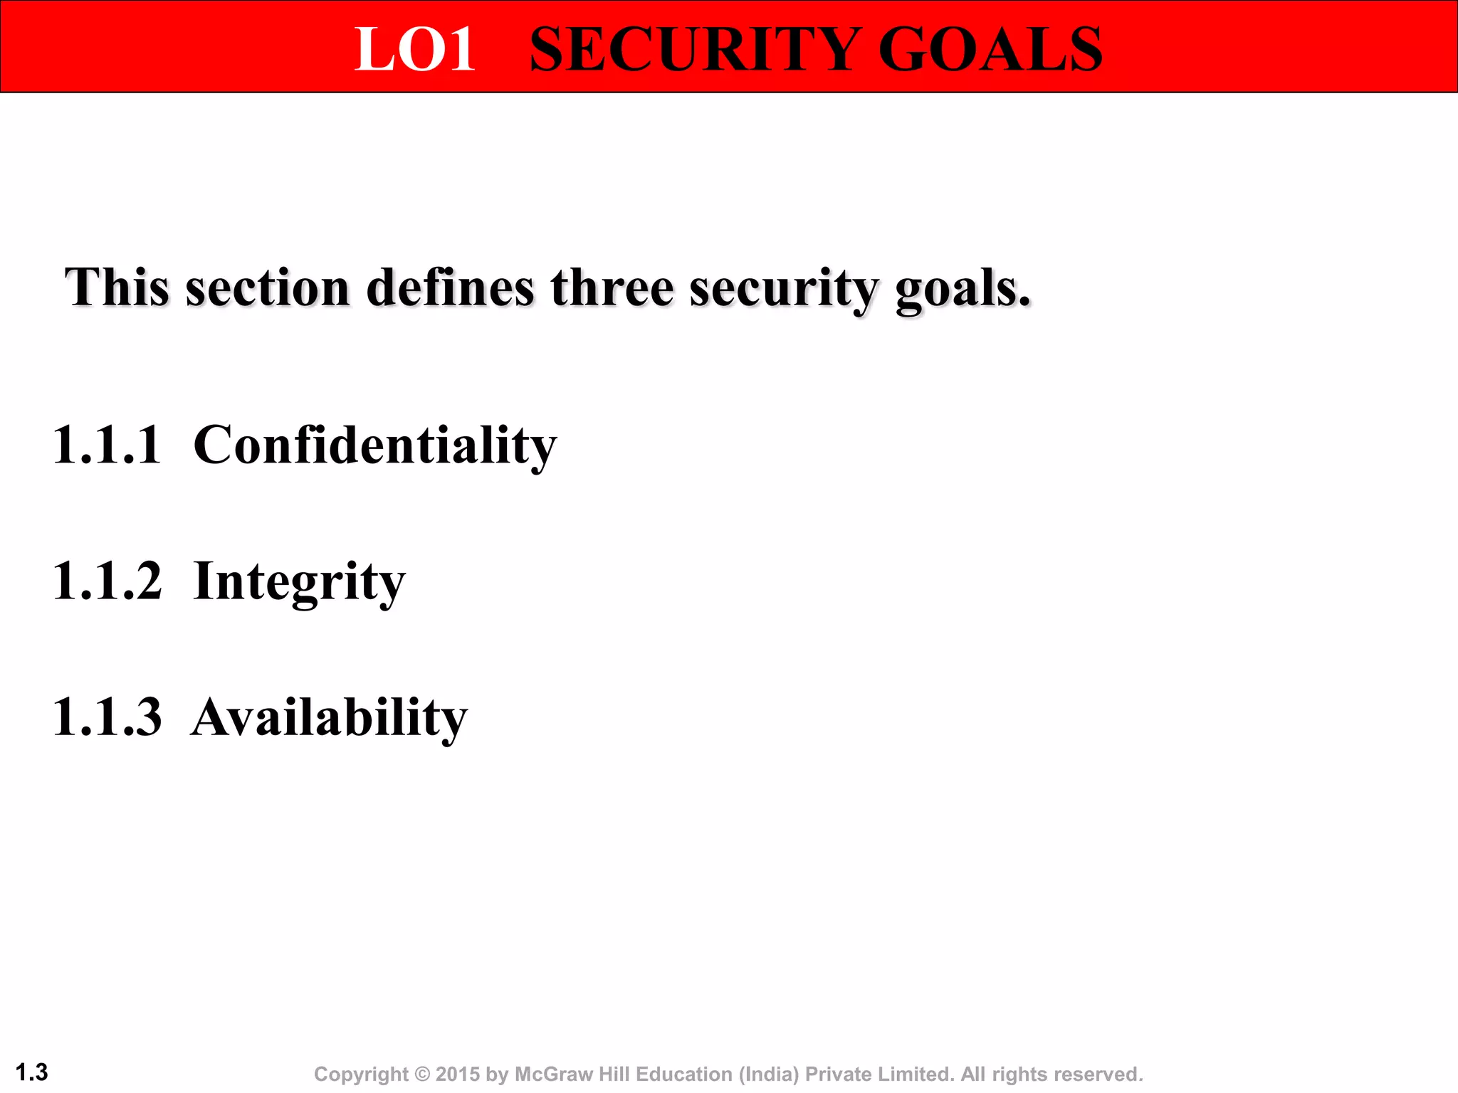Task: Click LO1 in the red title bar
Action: pos(415,49)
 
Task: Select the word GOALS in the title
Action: pos(990,49)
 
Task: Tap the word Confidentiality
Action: pos(375,445)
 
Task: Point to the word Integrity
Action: pos(299,582)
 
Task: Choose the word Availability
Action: pos(329,717)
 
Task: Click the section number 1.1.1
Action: pos(107,445)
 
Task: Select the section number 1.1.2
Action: pos(107,581)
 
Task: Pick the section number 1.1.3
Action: pos(107,717)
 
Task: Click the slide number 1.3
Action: pos(31,1072)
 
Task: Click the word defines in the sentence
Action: pos(450,287)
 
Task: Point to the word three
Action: pos(612,287)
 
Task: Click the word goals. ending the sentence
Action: pos(963,289)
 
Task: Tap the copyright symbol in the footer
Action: pos(422,1074)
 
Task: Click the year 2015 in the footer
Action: pos(458,1074)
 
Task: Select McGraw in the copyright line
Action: pos(554,1074)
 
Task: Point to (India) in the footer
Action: pos(768,1074)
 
